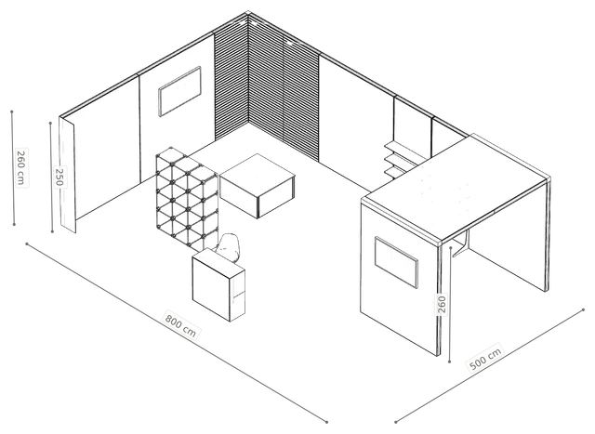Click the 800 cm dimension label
180,325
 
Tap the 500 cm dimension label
485,358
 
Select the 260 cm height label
21,167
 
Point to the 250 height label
59,177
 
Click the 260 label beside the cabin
442,305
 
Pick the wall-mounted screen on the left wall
179,91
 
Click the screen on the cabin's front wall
396,262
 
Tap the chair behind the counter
228,247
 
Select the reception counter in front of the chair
218,284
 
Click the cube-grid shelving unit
187,198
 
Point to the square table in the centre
258,186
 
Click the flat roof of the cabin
456,188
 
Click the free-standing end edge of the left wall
67,175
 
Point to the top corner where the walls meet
248,13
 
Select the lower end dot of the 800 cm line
326,421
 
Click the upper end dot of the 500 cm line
583,310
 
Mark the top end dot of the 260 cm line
12,112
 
